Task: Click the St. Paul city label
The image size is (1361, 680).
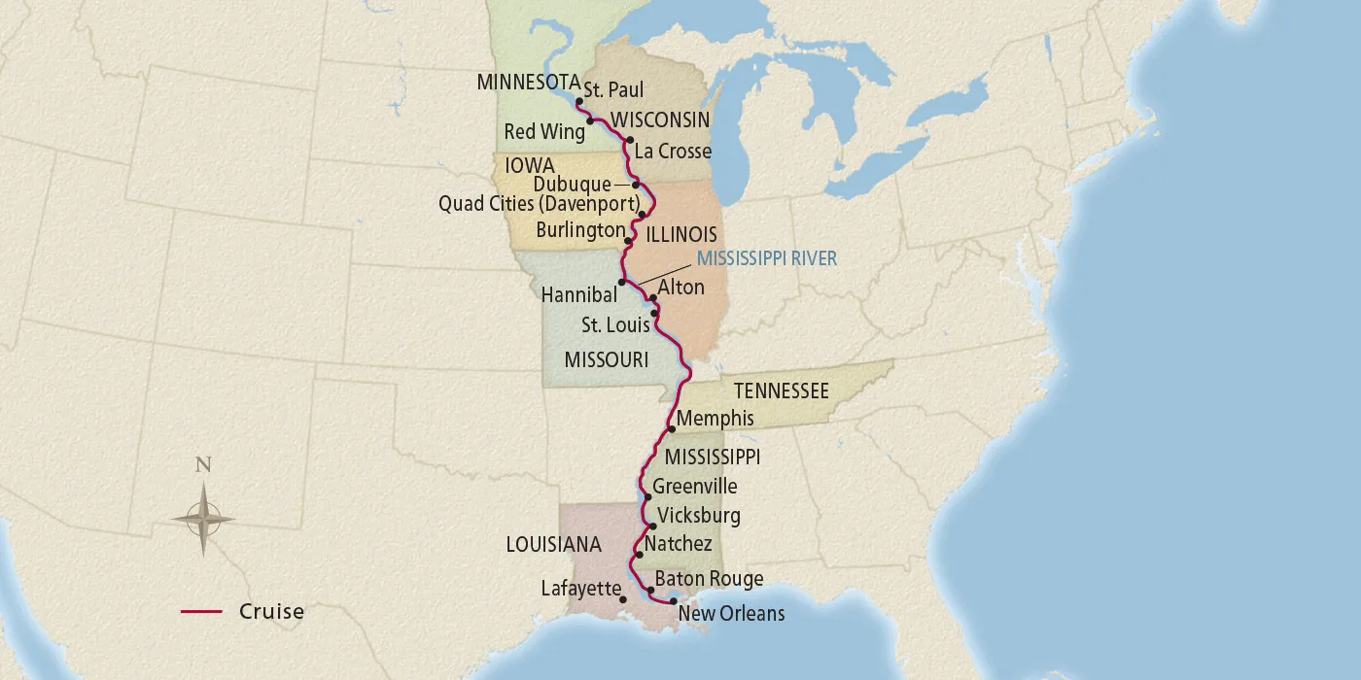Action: pyautogui.click(x=613, y=90)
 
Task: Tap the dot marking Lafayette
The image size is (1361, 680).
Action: pyautogui.click(x=623, y=599)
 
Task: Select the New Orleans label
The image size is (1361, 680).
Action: pyautogui.click(x=731, y=614)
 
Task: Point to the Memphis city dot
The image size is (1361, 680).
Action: pyautogui.click(x=672, y=428)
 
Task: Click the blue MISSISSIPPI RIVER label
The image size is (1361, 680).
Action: pyautogui.click(x=766, y=259)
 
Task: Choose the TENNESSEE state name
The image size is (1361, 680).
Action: pyautogui.click(x=781, y=391)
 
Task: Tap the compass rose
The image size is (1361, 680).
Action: pyautogui.click(x=204, y=520)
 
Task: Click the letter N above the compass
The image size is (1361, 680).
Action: pyautogui.click(x=203, y=464)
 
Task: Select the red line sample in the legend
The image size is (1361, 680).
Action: pyautogui.click(x=201, y=612)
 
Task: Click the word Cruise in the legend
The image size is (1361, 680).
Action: pyautogui.click(x=271, y=612)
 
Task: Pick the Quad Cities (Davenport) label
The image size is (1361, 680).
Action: pyautogui.click(x=539, y=205)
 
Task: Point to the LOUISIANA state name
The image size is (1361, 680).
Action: pyautogui.click(x=553, y=545)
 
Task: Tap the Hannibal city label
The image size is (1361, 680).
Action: pyautogui.click(x=579, y=296)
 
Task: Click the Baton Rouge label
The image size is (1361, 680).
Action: pyautogui.click(x=709, y=580)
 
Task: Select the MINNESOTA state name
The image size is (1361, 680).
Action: pyautogui.click(x=528, y=83)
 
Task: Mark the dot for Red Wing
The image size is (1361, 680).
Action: pyautogui.click(x=591, y=121)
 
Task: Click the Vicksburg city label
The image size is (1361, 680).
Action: pyautogui.click(x=698, y=516)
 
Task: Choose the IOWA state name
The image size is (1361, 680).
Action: pyautogui.click(x=529, y=165)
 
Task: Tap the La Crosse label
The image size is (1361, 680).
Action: pyautogui.click(x=672, y=152)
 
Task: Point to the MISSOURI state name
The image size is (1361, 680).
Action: pyautogui.click(x=606, y=360)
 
